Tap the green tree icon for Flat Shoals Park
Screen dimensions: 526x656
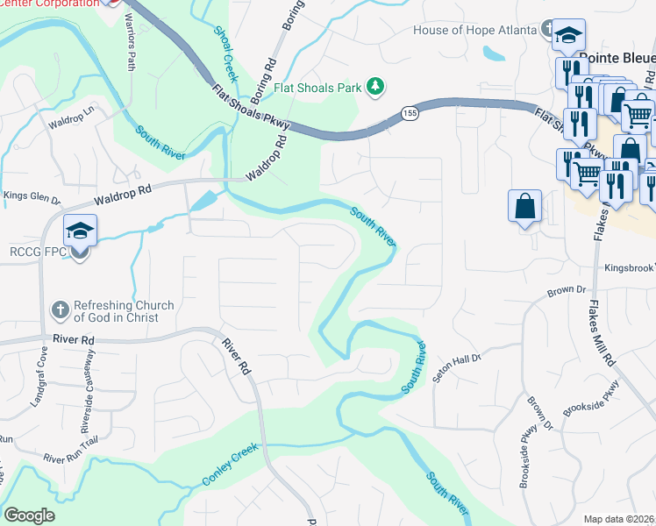pyautogui.click(x=374, y=86)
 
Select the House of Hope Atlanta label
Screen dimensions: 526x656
pyautogui.click(x=474, y=31)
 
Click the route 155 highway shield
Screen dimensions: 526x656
pyautogui.click(x=410, y=113)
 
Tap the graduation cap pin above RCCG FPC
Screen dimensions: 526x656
pyautogui.click(x=80, y=231)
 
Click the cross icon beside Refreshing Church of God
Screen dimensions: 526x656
pyautogui.click(x=60, y=309)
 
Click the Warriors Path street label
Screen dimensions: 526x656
pyautogui.click(x=131, y=42)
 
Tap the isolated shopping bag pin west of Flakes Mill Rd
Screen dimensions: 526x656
pyautogui.click(x=524, y=207)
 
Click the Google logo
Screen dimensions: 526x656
pyautogui.click(x=30, y=515)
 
